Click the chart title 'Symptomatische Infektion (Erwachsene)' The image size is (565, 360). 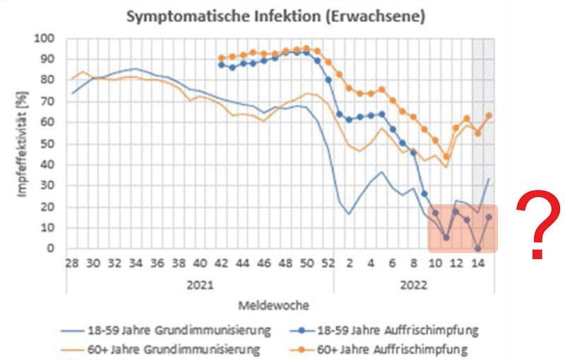[x=275, y=17]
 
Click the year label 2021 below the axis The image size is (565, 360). [x=199, y=287]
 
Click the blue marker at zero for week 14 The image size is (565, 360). [x=478, y=248]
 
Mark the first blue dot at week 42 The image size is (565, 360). [x=222, y=64]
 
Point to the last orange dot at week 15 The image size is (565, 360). [x=489, y=115]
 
